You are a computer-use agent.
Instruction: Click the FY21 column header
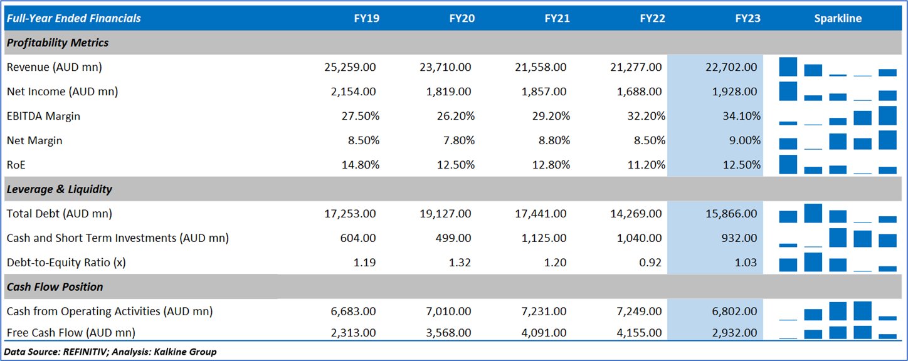(x=557, y=18)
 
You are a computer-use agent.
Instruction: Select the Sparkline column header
(x=838, y=18)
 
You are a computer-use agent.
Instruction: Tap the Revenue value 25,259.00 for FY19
(x=350, y=67)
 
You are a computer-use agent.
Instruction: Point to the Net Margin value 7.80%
(x=456, y=140)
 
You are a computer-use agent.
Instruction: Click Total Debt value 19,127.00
(x=445, y=214)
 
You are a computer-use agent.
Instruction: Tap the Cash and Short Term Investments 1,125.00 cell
(x=543, y=238)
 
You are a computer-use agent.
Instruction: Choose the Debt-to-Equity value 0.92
(x=649, y=263)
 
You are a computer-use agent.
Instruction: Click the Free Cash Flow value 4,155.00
(x=636, y=333)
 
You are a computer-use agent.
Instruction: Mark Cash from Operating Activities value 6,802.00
(x=731, y=311)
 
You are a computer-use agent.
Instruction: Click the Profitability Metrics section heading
(x=57, y=43)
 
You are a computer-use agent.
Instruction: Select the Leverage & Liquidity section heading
(x=59, y=189)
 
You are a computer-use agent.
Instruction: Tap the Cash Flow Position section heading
(x=55, y=287)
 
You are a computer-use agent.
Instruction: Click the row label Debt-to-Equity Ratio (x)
(x=66, y=263)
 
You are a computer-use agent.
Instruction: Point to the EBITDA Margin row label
(x=43, y=116)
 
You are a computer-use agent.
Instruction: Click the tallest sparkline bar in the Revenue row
(x=788, y=66)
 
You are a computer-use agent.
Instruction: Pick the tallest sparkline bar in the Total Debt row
(x=813, y=213)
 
